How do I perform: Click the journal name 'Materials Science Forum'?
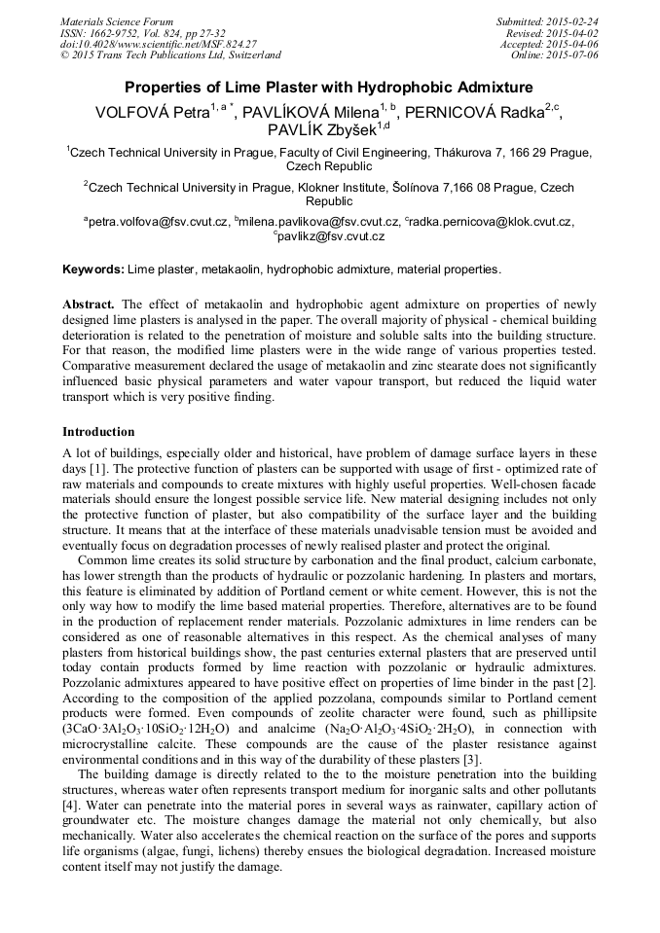pyautogui.click(x=117, y=21)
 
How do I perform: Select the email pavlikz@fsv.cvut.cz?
pyautogui.click(x=331, y=236)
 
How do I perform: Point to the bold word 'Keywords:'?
pyautogui.click(x=93, y=269)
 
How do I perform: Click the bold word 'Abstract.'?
pyautogui.click(x=91, y=304)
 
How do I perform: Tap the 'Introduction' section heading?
pyautogui.click(x=98, y=431)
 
